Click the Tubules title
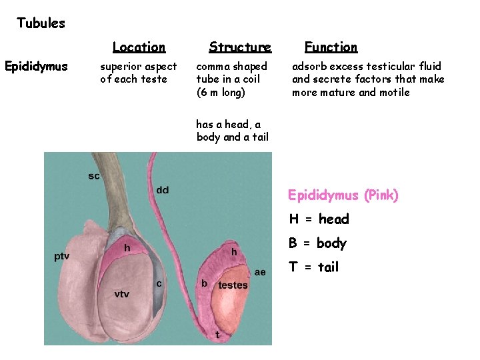41,23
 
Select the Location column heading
139,47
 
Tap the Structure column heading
240,47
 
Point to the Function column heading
331,47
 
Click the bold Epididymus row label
36,67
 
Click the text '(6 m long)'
221,92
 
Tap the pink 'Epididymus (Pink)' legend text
343,195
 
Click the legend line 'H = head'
319,219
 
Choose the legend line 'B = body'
317,243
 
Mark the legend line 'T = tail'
313,267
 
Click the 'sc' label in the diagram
94,177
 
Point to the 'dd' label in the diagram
163,191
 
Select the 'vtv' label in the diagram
121,294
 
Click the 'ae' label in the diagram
260,272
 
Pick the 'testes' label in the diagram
233,285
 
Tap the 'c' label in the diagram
159,283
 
